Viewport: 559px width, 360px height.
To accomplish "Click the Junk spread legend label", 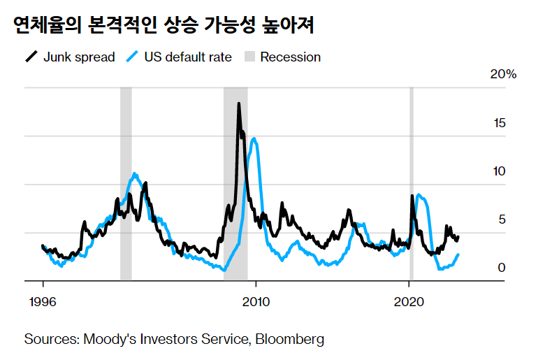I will pyautogui.click(x=78, y=57).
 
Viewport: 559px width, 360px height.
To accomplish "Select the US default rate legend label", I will pyautogui.click(x=187, y=57).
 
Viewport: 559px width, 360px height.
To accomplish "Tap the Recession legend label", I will pyautogui.click(x=290, y=57).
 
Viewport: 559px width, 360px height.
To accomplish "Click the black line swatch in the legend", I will pyautogui.click(x=31, y=57).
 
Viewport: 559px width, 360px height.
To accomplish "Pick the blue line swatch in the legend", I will pyautogui.click(x=132, y=57).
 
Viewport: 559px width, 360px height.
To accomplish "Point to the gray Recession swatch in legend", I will pyautogui.click(x=248, y=57).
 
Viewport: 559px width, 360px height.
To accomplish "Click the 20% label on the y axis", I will pyautogui.click(x=502, y=75).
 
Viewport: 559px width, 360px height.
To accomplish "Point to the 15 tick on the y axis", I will pyautogui.click(x=498, y=123).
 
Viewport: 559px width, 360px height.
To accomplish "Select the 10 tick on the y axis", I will pyautogui.click(x=498, y=171).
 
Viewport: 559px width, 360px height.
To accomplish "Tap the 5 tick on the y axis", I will pyautogui.click(x=501, y=219).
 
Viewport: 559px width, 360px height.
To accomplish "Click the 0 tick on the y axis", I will pyautogui.click(x=501, y=268).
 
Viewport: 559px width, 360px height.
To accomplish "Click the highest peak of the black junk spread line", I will pyautogui.click(x=239, y=104).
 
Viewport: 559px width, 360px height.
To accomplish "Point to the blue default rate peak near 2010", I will pyautogui.click(x=254, y=138).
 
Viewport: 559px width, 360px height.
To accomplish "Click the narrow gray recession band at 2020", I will pyautogui.click(x=411, y=182).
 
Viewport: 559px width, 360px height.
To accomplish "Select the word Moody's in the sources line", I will pyautogui.click(x=107, y=340).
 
